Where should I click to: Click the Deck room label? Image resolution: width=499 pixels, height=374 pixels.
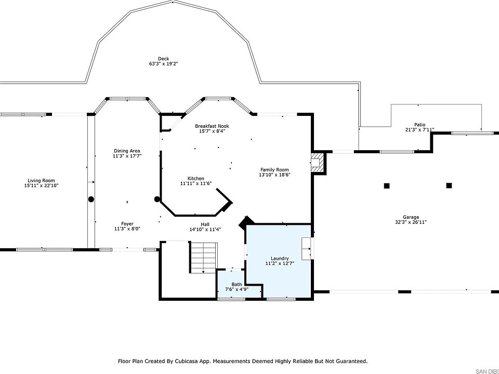[163, 59]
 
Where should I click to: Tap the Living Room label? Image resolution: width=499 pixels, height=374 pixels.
[41, 181]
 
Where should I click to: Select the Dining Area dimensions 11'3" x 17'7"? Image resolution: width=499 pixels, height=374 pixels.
[127, 156]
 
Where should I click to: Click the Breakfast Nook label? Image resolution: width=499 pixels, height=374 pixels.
[212, 126]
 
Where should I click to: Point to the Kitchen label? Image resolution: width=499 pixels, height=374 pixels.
[196, 178]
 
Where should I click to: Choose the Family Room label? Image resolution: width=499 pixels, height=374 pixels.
[274, 169]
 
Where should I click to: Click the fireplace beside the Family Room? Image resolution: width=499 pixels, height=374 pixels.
[318, 163]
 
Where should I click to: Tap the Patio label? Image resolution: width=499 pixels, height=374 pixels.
[419, 125]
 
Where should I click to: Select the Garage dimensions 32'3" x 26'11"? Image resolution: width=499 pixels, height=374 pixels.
[411, 222]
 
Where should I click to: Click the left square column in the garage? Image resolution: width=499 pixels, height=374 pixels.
[387, 186]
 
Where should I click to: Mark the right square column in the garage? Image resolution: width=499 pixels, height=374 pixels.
[449, 185]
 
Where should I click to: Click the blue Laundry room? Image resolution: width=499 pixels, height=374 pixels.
[279, 261]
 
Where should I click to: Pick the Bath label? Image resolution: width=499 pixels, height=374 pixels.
[237, 284]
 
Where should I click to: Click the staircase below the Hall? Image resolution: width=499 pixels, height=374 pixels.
[204, 258]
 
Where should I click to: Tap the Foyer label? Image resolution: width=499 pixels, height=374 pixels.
[127, 223]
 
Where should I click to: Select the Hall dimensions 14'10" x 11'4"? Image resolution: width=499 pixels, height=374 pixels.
[205, 229]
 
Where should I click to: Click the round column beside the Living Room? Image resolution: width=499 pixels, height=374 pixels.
[91, 199]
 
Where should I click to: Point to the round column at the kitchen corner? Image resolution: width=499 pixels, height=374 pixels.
[157, 199]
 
